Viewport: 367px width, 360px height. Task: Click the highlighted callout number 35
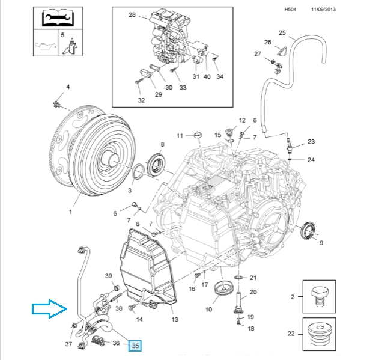point(135,346)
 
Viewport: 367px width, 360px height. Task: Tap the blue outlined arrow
point(49,310)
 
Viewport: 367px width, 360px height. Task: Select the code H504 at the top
point(290,9)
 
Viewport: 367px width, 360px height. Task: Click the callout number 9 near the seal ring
point(321,243)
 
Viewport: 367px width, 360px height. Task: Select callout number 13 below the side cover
point(175,319)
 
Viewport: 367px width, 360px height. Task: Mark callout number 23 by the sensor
point(311,142)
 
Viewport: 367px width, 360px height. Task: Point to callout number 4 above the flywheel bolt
point(68,87)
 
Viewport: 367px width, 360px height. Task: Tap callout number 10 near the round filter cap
point(209,310)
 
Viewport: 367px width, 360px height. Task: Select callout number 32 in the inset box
point(141,100)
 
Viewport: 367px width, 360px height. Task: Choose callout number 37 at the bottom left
point(70,345)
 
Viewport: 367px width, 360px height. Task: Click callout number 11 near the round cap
point(179,136)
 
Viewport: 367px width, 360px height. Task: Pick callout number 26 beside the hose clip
point(268,42)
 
